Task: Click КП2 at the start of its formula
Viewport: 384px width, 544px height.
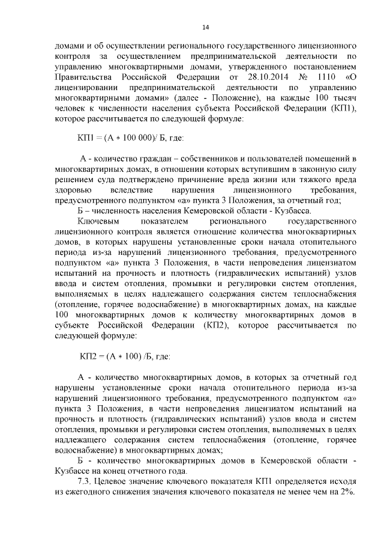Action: point(90,356)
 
